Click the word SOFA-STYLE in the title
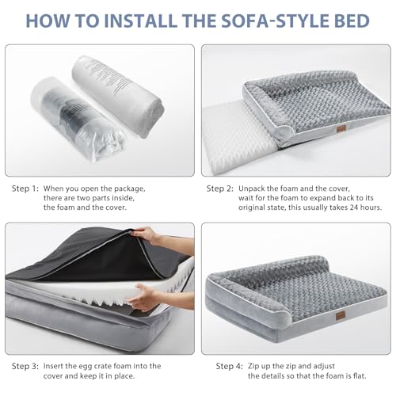276,21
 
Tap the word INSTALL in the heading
141,21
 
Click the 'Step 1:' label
25,188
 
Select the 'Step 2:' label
220,188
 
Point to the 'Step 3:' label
25,366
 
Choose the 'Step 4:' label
229,366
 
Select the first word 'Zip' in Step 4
253,367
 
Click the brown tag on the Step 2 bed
341,130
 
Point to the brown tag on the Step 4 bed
341,316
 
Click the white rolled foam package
118,97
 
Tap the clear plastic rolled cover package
78,120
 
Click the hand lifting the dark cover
148,236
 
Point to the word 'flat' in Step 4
359,375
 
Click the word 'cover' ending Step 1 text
115,208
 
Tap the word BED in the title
352,21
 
